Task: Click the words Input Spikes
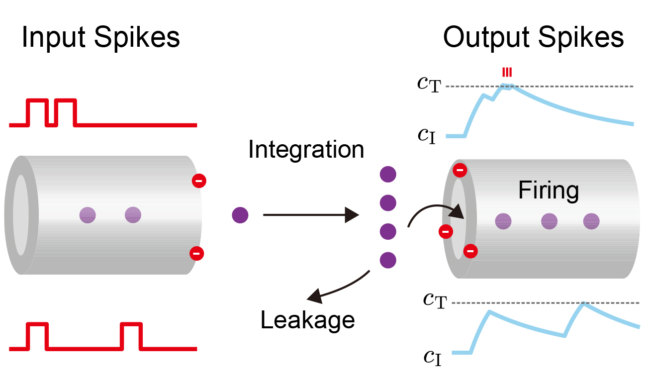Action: [100, 37]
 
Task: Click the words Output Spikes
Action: [533, 37]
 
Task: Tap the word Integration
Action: [306, 149]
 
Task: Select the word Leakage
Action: [307, 321]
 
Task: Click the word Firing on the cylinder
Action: [549, 191]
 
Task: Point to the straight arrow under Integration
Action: [310, 215]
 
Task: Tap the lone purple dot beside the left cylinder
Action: [240, 215]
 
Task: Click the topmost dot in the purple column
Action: [387, 174]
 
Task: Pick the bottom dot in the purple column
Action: [387, 260]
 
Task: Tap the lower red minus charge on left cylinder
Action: [196, 253]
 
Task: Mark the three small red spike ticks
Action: [507, 73]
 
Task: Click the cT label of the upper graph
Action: [429, 85]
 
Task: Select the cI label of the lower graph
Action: [433, 357]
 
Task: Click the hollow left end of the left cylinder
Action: [21, 215]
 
